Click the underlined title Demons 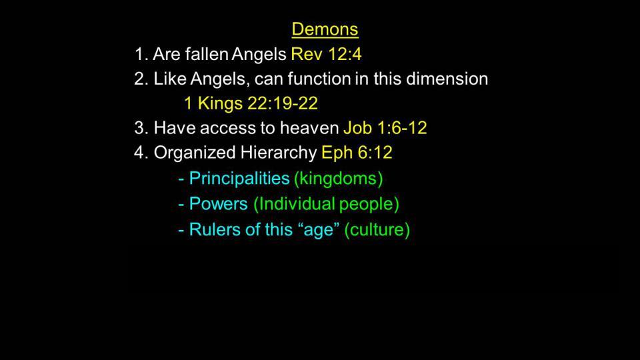point(325,29)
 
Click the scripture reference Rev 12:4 point(326,54)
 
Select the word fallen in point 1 point(207,54)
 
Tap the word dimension point(447,79)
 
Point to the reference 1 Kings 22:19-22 point(251,103)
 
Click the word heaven point(309,128)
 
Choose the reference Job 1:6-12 point(385,128)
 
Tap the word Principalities point(239,179)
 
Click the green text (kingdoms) point(339,179)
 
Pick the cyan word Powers point(219,204)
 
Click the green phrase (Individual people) point(326,204)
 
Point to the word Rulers point(213,229)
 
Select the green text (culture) point(377,230)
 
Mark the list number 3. point(141,128)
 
